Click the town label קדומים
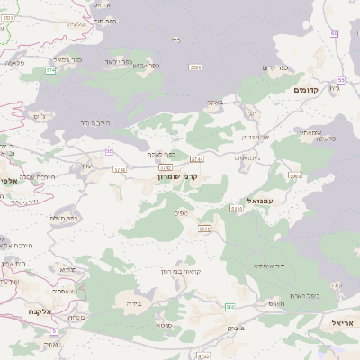[307, 91]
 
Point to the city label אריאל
[343, 321]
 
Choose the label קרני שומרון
[176, 177]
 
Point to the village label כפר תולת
[61, 218]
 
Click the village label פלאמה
[14, 63]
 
